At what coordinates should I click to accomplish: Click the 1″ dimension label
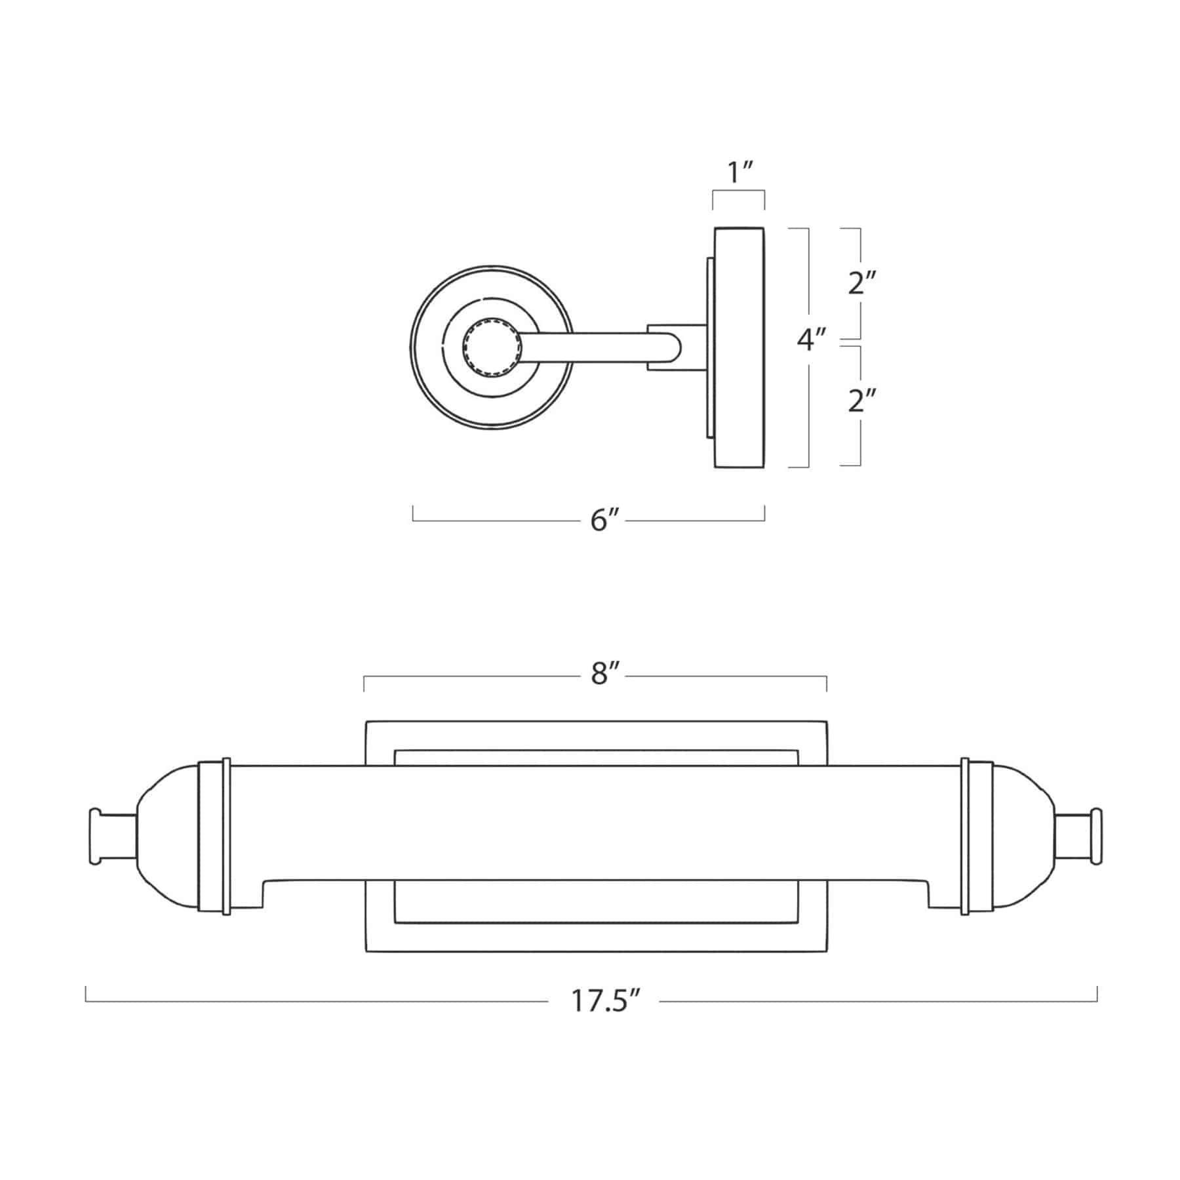coord(739,173)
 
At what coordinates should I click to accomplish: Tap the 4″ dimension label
coord(810,340)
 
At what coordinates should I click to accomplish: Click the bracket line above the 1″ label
coord(739,191)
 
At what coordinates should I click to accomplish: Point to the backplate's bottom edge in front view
coord(595,952)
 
